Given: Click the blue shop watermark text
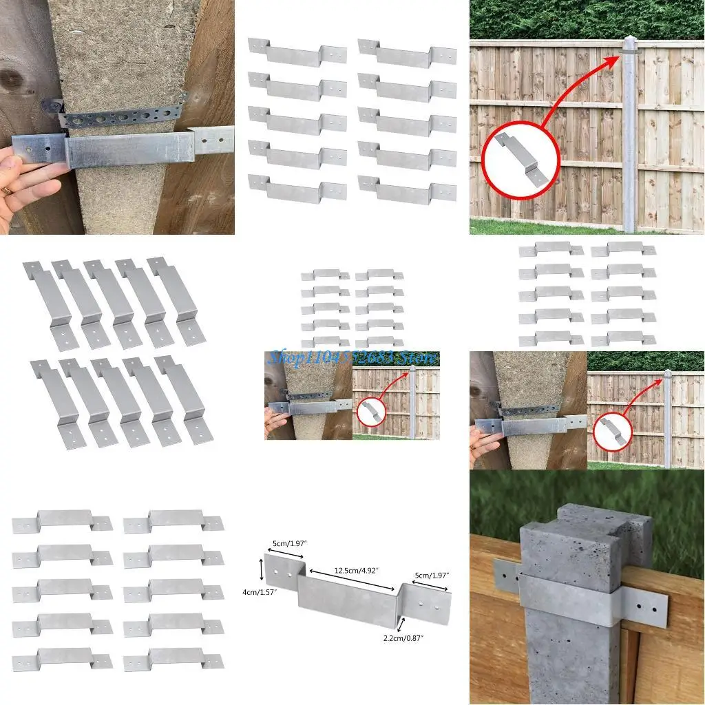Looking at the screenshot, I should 351,357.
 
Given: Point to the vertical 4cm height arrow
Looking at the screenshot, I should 261,570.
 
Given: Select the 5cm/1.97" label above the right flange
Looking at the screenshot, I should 430,576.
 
